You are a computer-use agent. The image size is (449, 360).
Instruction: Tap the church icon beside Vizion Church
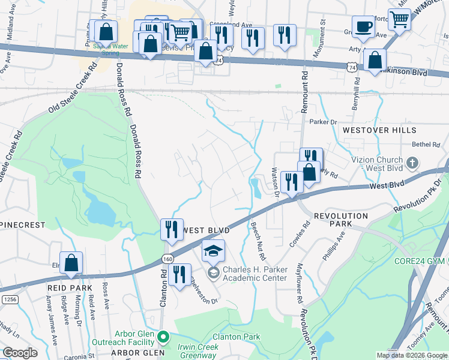click(x=412, y=163)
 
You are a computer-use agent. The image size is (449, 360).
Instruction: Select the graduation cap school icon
click(x=213, y=251)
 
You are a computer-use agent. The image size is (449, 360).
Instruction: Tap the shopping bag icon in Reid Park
click(x=71, y=263)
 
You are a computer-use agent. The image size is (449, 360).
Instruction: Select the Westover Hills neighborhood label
click(x=379, y=130)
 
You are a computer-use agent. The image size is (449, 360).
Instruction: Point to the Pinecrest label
click(x=23, y=224)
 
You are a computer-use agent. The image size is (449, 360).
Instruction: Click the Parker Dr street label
click(x=321, y=122)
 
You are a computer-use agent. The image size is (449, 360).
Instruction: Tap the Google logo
click(x=20, y=353)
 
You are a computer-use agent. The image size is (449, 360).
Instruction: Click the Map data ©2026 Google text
click(x=411, y=355)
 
